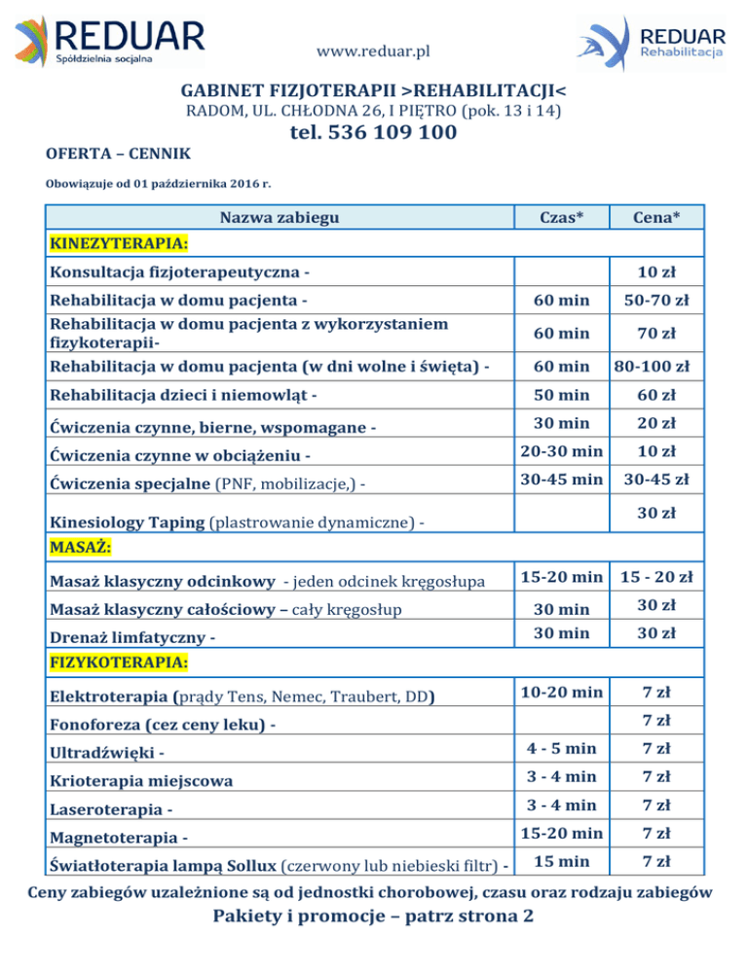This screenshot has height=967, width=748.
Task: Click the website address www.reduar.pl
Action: pyautogui.click(x=374, y=51)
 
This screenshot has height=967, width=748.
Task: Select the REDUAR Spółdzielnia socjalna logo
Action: pyautogui.click(x=109, y=40)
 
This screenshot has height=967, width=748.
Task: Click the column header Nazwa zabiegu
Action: pyautogui.click(x=280, y=217)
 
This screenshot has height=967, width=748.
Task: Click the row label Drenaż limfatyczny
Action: pyautogui.click(x=131, y=638)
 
